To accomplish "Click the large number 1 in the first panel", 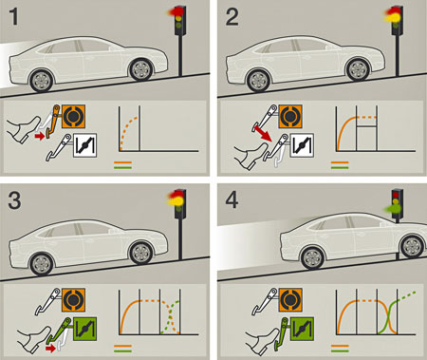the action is pyautogui.click(x=13, y=17).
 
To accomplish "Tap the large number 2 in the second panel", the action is pyautogui.click(x=232, y=17).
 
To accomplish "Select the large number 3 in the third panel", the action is pyautogui.click(x=14, y=200).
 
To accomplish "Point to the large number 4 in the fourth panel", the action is pyautogui.click(x=232, y=200).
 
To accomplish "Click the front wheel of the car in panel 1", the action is pyautogui.click(x=141, y=69).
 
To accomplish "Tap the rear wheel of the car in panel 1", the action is pyautogui.click(x=41, y=81).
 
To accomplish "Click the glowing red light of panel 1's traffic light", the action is pyautogui.click(x=174, y=11).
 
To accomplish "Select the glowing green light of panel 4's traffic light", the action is pyautogui.click(x=392, y=208).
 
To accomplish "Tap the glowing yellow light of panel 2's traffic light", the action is pyautogui.click(x=392, y=18).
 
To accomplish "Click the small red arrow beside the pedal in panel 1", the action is pyautogui.click(x=39, y=136).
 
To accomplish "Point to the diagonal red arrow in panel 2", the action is pyautogui.click(x=264, y=133).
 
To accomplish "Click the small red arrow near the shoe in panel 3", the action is pyautogui.click(x=50, y=349).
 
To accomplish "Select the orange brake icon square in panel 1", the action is pyautogui.click(x=73, y=117).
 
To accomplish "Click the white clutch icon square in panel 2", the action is pyautogui.click(x=302, y=146).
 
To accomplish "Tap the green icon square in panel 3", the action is pyautogui.click(x=84, y=329).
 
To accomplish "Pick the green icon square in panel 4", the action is pyautogui.click(x=302, y=329).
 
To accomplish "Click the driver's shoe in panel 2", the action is pyautogui.click(x=251, y=156).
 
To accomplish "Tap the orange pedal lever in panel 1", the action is pyautogui.click(x=52, y=122).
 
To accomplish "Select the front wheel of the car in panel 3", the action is pyautogui.click(x=141, y=253).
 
